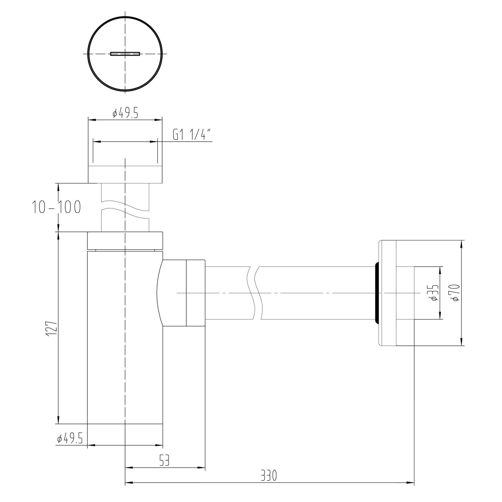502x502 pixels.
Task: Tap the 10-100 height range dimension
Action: tap(56, 207)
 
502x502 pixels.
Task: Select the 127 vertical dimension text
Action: tap(51, 329)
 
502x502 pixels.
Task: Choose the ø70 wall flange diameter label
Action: tap(456, 293)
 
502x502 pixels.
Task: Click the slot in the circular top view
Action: tap(125, 54)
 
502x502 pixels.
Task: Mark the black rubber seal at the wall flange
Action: tap(377, 293)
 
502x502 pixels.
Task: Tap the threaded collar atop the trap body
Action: tap(125, 241)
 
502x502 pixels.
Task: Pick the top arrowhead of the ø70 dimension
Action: tap(462, 244)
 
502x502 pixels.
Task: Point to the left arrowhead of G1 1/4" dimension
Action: tap(96, 142)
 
